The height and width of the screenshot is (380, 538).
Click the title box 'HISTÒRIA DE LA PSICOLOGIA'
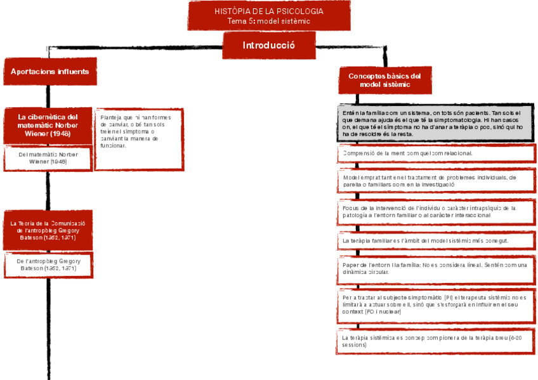tap(268, 16)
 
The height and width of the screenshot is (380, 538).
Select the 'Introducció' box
tap(268, 46)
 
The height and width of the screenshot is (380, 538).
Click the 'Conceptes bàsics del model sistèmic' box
tap(384, 80)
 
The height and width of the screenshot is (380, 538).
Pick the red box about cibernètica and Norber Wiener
tap(48, 125)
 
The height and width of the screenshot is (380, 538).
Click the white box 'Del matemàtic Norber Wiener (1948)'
tap(48, 158)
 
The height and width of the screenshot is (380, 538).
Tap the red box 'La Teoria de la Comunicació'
tap(48, 230)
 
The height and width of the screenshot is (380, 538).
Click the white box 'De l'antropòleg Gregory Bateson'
tap(48, 265)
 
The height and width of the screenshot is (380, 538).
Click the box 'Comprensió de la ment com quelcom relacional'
tap(435, 154)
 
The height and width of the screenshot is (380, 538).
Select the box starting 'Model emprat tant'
tap(435, 181)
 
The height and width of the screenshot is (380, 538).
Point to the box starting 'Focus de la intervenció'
tap(435, 211)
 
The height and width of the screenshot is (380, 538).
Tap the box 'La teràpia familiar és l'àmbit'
tap(435, 241)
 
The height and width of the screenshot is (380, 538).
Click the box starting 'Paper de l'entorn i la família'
tap(435, 268)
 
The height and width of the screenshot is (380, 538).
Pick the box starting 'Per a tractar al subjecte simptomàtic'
tap(435, 305)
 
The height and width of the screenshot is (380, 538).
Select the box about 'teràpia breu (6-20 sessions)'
tap(435, 341)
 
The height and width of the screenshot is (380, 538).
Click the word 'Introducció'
tap(268, 46)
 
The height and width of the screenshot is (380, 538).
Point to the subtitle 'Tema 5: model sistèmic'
tap(268, 21)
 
